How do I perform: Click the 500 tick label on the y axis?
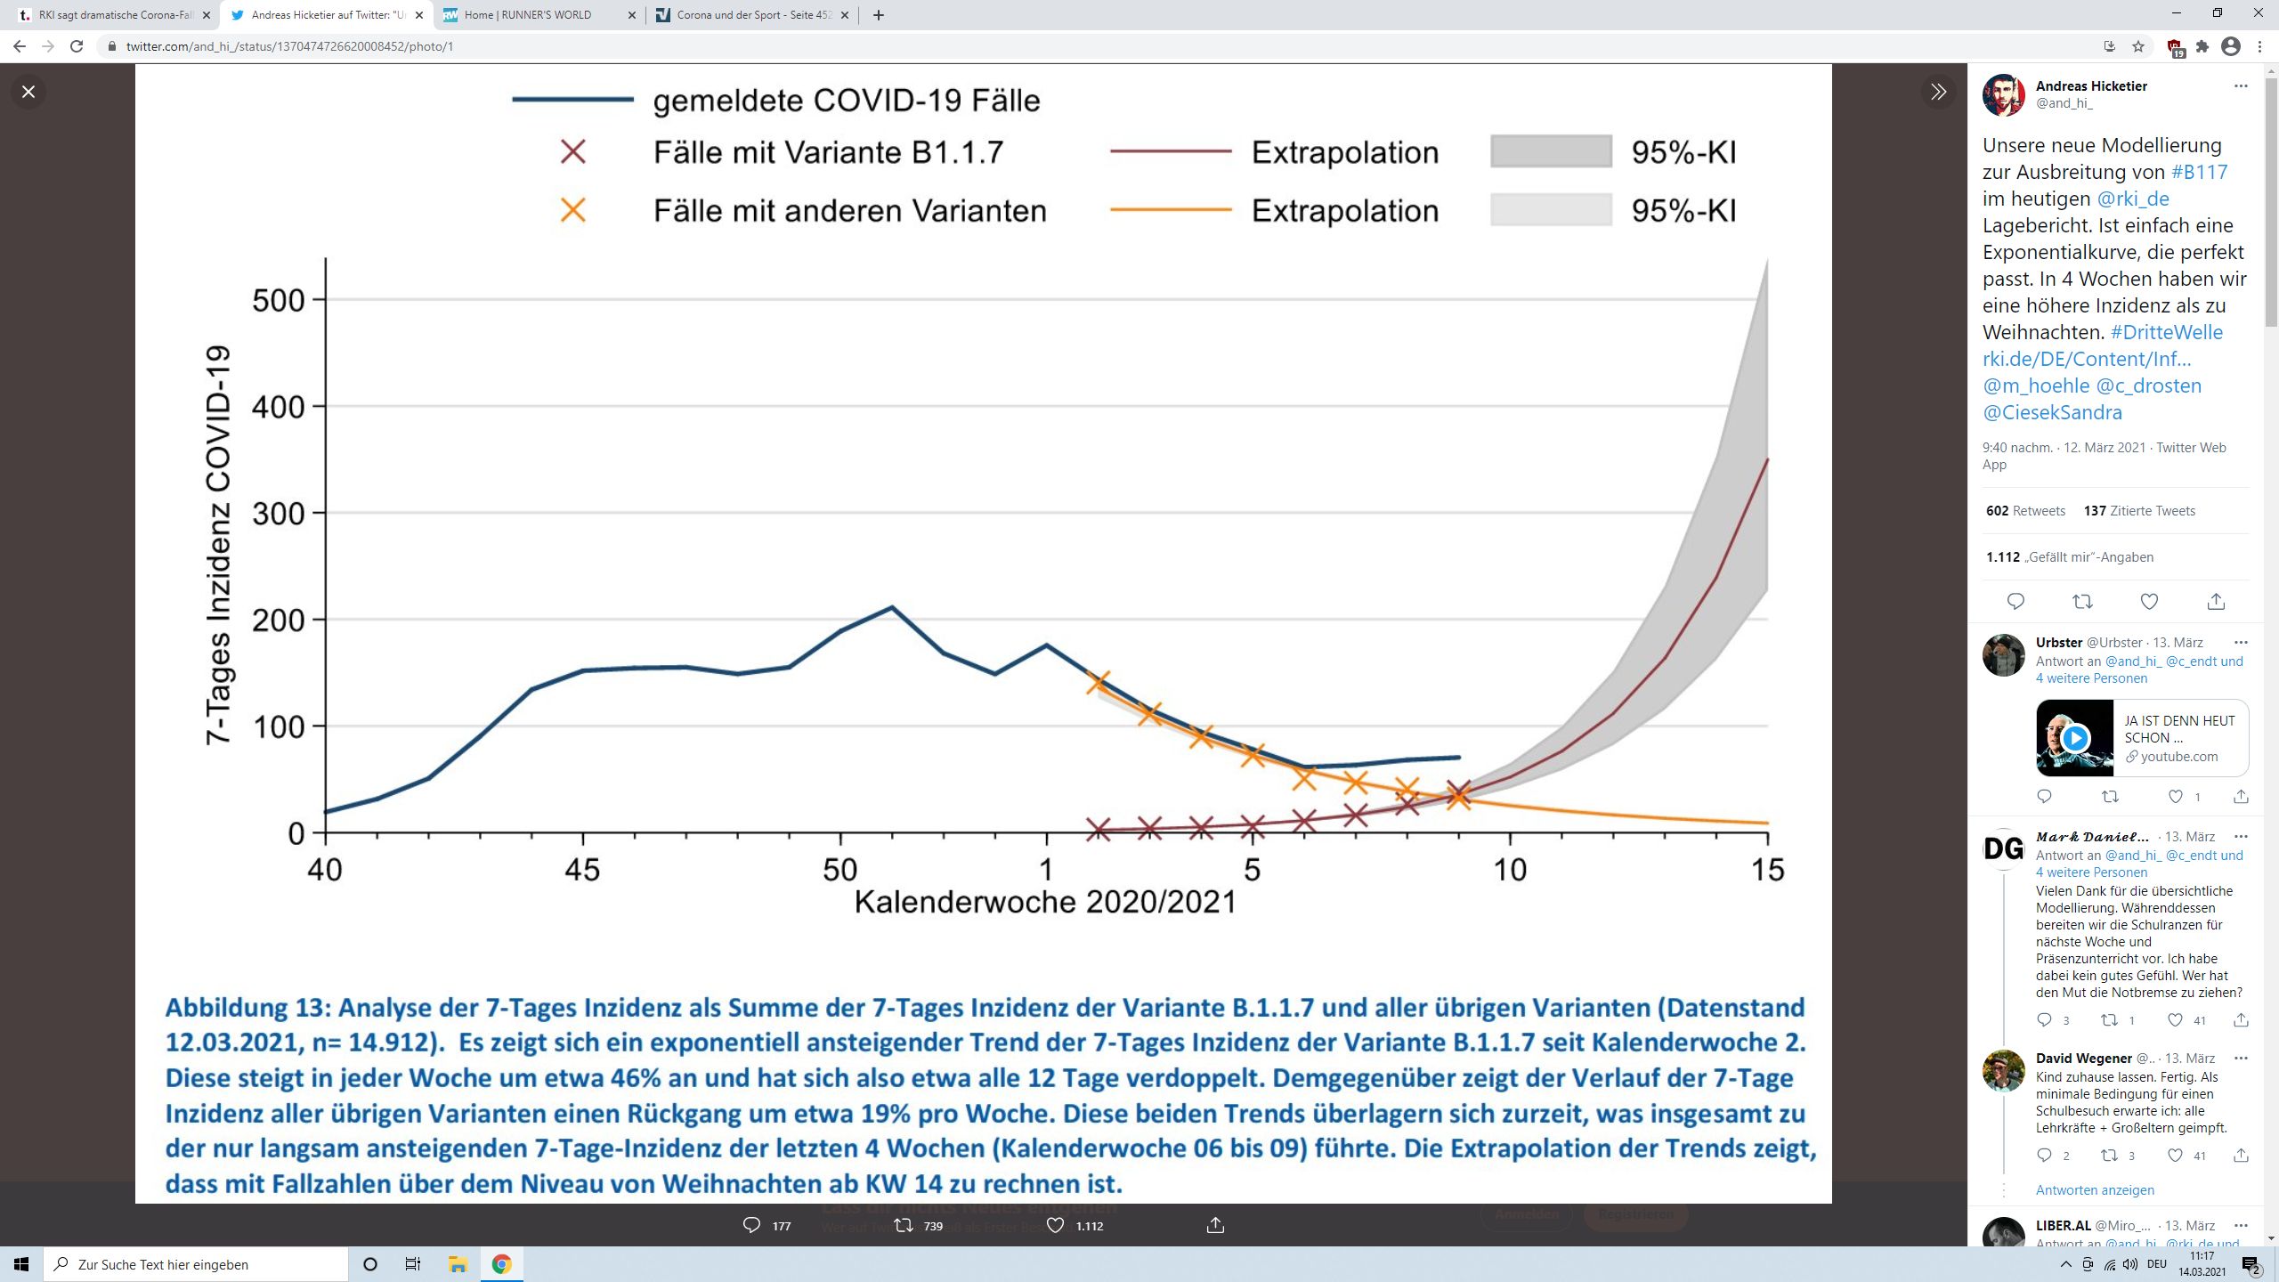279,301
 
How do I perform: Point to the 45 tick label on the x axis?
582,870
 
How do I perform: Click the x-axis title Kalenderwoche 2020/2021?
1045,903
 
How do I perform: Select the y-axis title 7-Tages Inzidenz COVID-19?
219,545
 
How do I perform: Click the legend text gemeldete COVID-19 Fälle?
846,101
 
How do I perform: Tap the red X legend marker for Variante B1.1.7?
573,152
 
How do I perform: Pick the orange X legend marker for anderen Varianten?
573,211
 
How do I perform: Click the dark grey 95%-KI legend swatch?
1551,151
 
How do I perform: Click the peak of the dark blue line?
892,608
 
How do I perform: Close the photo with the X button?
28,92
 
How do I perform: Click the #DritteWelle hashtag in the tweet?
2166,332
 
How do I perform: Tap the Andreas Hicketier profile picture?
2004,95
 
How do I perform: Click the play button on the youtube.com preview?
2075,738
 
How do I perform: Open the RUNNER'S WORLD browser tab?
527,15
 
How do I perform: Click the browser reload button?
77,46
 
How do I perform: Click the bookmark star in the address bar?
2138,46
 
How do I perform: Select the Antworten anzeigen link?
2095,1190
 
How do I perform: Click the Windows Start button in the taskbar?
21,1264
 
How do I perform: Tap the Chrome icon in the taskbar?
501,1264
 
